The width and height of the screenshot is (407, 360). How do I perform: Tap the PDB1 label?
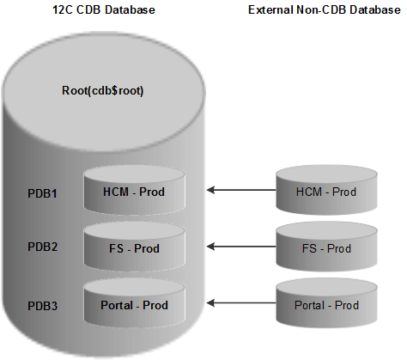(42, 193)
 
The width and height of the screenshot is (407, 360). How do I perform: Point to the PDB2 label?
(42, 247)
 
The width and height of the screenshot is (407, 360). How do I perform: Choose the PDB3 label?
(42, 305)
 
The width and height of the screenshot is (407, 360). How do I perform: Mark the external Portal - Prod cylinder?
(326, 305)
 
